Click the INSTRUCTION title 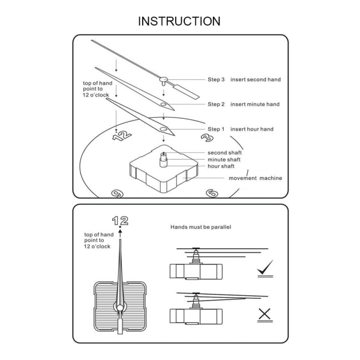[179, 21]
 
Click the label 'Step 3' [216, 79]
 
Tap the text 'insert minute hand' [255, 104]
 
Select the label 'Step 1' [216, 129]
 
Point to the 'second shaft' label [225, 152]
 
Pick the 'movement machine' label [255, 178]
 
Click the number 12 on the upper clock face [122, 136]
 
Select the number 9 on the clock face [117, 193]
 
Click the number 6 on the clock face [212, 193]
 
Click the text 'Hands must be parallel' [201, 228]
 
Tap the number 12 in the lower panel [119, 220]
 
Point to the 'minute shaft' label [225, 160]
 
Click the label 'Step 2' [216, 104]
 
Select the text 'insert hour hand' [252, 129]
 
